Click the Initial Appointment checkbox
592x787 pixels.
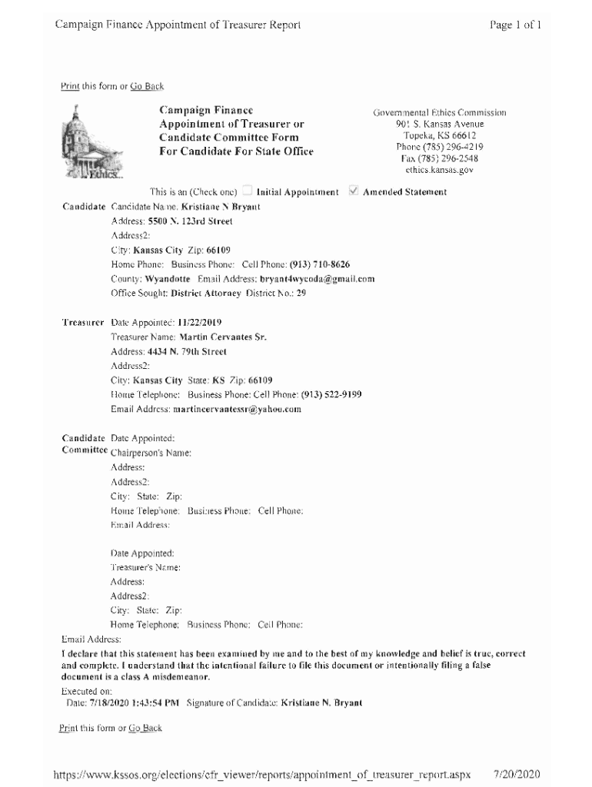point(248,191)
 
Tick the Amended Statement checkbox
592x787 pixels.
point(353,191)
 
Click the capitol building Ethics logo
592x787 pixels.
point(89,144)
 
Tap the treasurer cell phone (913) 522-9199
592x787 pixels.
point(331,394)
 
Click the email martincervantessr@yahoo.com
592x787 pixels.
point(238,409)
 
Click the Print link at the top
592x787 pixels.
point(69,86)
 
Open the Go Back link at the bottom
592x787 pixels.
point(145,727)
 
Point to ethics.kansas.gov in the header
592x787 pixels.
point(439,170)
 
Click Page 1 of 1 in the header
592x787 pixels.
point(515,25)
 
